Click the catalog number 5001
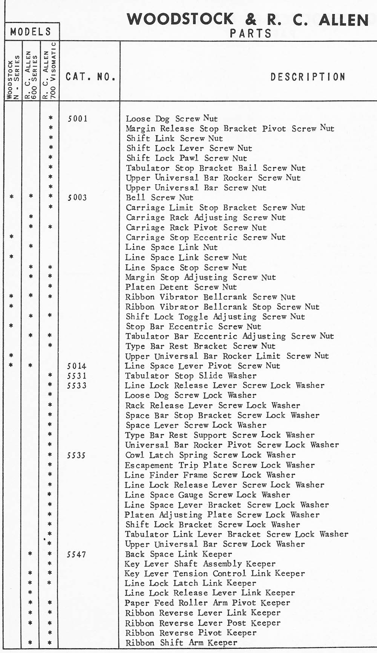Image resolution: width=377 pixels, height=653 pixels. coord(77,119)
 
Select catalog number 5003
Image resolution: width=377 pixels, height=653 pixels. coord(77,197)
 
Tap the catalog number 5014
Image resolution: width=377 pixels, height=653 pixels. coord(77,366)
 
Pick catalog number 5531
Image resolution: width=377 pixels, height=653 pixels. coord(77,376)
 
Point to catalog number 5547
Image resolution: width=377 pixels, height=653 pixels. coord(76,554)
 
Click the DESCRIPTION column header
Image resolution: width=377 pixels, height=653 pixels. coord(308,77)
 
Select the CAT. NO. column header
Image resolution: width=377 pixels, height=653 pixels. coord(90,77)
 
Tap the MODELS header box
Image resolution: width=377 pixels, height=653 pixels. coord(31,32)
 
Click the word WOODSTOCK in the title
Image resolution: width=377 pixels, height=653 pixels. coord(180,19)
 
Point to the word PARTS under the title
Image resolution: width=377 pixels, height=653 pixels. coord(251,33)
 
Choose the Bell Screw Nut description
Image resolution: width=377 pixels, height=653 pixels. coord(159,197)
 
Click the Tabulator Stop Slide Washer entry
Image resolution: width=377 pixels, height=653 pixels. coord(191,376)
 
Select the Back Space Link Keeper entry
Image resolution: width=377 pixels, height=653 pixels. coord(178,554)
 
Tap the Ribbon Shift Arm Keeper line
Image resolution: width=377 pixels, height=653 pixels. coord(181,643)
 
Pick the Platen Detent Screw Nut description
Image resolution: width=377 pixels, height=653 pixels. coord(181,287)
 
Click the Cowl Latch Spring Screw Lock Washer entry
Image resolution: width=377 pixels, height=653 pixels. coord(210,455)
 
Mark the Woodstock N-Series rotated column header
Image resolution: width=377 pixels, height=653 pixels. coord(13,77)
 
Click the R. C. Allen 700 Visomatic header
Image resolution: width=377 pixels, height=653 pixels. coord(49,71)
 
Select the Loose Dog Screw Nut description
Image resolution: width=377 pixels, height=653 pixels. coord(172,119)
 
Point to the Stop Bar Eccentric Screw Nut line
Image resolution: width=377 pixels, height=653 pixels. coord(193,327)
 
